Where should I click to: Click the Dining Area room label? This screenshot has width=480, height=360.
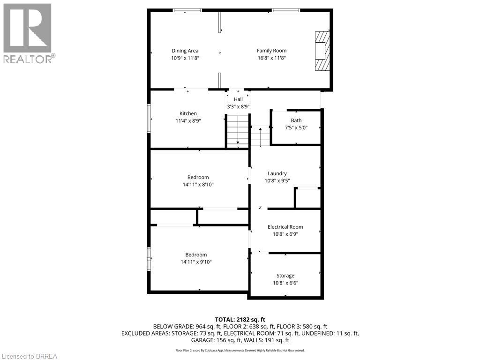pyautogui.click(x=185, y=51)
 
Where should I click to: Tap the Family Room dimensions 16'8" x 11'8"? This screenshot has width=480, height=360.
pyautogui.click(x=271, y=58)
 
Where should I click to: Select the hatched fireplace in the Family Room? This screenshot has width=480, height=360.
pyautogui.click(x=322, y=50)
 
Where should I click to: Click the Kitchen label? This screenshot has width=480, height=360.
pyautogui.click(x=188, y=113)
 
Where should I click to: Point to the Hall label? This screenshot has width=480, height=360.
pyautogui.click(x=238, y=99)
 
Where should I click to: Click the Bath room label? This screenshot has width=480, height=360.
pyautogui.click(x=296, y=120)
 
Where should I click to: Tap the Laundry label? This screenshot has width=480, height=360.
pyautogui.click(x=277, y=173)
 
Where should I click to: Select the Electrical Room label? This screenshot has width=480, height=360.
pyautogui.click(x=285, y=227)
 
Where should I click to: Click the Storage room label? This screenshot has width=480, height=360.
pyautogui.click(x=285, y=276)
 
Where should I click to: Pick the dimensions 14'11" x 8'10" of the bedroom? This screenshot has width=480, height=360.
pyautogui.click(x=198, y=185)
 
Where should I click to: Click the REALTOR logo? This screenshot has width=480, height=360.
pyautogui.click(x=28, y=33)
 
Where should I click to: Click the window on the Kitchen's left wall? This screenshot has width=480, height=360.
pyautogui.click(x=149, y=119)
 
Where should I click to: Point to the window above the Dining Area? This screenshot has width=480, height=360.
pyautogui.click(x=187, y=10)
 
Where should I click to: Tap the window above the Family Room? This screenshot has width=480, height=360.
pyautogui.click(x=285, y=10)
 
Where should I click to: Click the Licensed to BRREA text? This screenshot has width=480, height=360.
pyautogui.click(x=29, y=356)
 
